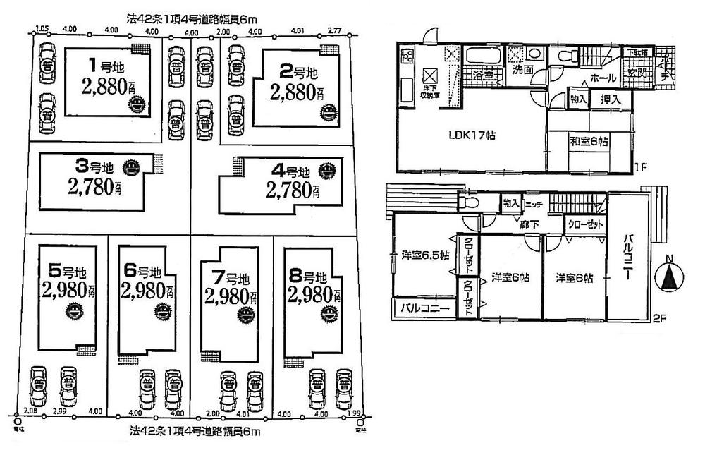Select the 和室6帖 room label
point(589,141)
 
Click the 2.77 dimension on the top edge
point(335,31)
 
